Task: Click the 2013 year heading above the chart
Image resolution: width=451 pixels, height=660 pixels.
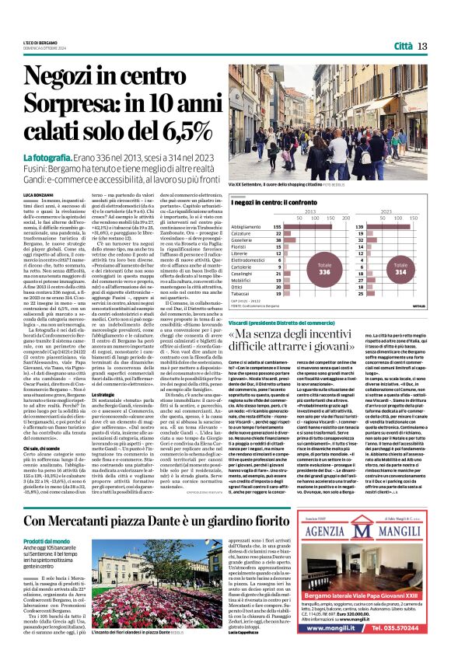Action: coord(309,211)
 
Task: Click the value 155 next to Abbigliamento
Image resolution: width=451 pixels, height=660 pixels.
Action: coord(277,226)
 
